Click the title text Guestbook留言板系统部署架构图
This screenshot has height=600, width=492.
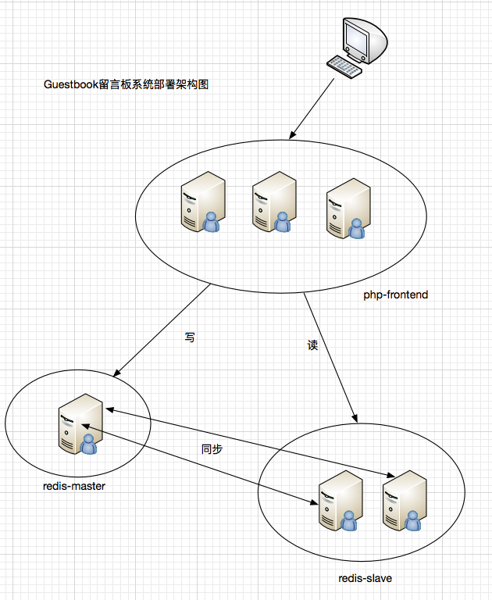[127, 84]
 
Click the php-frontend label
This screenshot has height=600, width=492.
[396, 295]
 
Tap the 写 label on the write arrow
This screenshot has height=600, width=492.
[190, 337]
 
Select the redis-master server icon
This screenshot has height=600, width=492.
[80, 426]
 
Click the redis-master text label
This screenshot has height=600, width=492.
[74, 486]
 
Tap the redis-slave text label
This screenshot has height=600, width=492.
[365, 578]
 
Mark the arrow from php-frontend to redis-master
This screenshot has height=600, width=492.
[162, 329]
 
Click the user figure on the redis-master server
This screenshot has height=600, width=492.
[89, 444]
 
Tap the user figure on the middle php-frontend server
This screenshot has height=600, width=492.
[283, 223]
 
